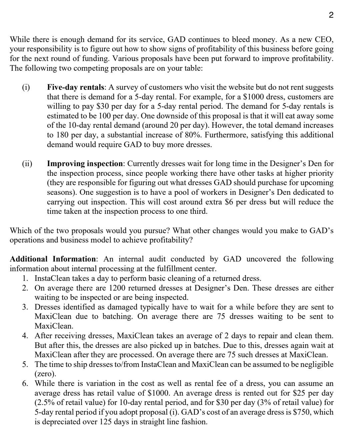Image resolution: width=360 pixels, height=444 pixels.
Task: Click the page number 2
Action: tap(331, 15)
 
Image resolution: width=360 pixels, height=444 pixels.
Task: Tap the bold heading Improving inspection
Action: tap(85, 164)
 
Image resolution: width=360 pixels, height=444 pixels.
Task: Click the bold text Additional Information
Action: tap(53, 259)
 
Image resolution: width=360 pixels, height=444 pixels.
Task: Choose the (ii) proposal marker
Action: tap(27, 164)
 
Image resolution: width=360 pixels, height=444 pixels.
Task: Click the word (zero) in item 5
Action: tap(45, 374)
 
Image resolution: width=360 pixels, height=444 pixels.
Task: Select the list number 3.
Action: tap(25, 307)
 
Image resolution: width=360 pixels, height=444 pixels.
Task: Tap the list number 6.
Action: tap(25, 384)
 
